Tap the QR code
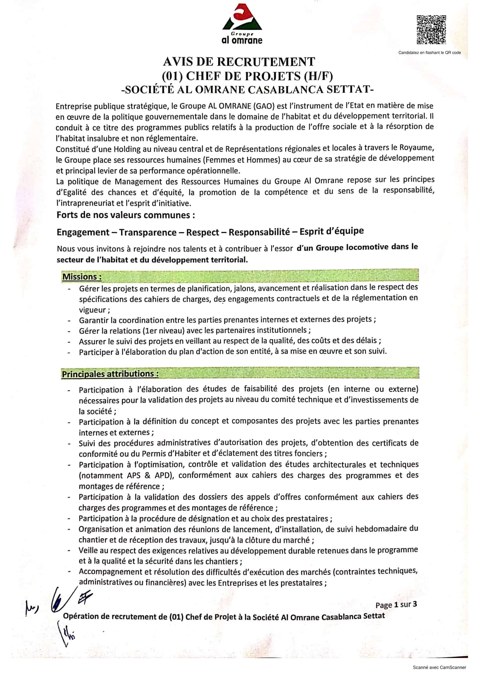431,30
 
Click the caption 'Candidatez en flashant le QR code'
429,53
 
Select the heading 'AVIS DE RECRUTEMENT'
239,62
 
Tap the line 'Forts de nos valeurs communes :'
126,215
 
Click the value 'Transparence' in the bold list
147,232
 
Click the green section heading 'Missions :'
82,277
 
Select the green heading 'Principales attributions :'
110,374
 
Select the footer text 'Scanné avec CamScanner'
439,667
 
